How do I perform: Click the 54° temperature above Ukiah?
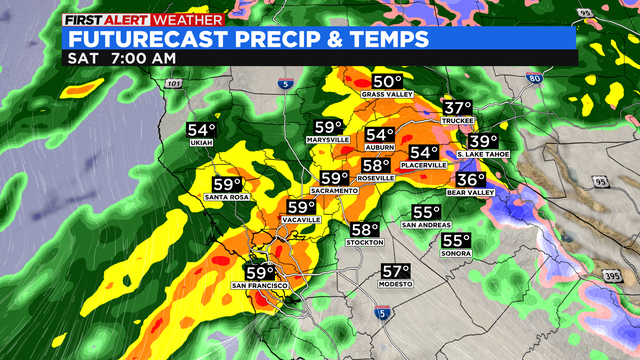tap(201, 130)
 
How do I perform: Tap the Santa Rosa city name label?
tap(227, 198)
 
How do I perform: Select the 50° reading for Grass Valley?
tap(387, 81)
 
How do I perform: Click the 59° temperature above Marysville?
tap(328, 127)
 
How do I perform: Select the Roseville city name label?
tap(376, 179)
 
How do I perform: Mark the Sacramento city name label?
tap(334, 190)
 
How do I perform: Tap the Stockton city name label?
tap(364, 243)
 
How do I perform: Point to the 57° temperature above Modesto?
tap(396, 271)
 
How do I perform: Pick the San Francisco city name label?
tap(260, 286)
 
